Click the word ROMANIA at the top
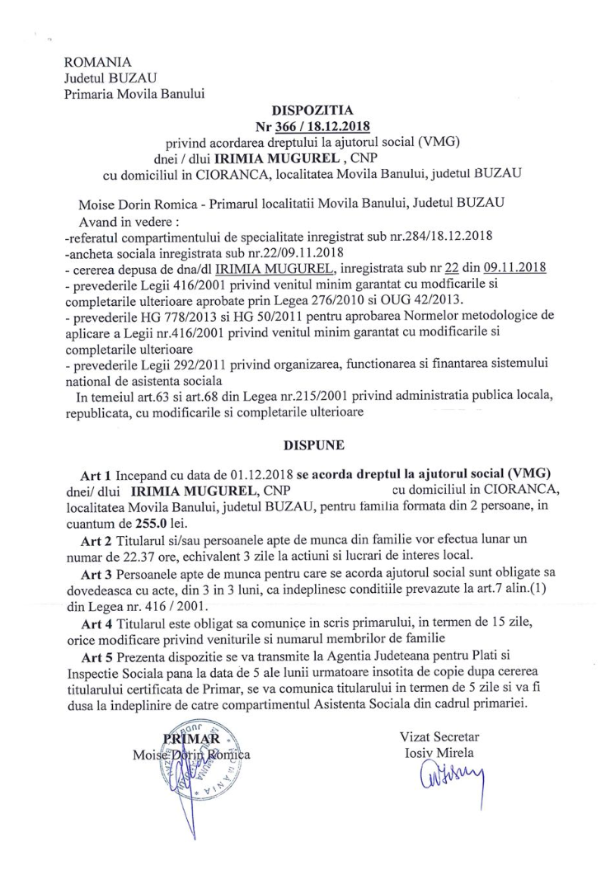[98, 62]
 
